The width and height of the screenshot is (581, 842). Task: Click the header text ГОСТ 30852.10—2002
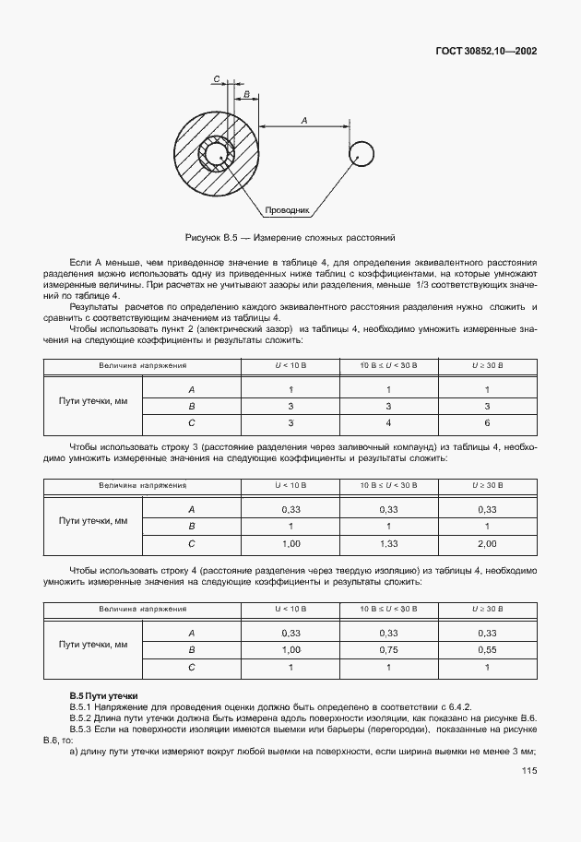click(485, 52)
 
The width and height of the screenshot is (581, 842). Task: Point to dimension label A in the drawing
click(303, 119)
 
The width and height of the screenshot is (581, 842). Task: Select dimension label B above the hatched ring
click(246, 94)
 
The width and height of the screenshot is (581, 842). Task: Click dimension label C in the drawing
click(216, 80)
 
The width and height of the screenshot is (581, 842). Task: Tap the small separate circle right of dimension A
click(361, 154)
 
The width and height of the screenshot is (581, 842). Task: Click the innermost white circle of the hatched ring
click(218, 153)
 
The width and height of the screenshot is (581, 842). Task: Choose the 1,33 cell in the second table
click(388, 544)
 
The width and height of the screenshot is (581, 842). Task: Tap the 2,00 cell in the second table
click(488, 544)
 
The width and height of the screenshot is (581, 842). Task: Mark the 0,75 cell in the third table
click(388, 648)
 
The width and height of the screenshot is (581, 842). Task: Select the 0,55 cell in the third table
click(488, 648)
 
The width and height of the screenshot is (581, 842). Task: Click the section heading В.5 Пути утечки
click(104, 694)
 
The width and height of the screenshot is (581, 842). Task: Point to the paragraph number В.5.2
click(85, 717)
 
